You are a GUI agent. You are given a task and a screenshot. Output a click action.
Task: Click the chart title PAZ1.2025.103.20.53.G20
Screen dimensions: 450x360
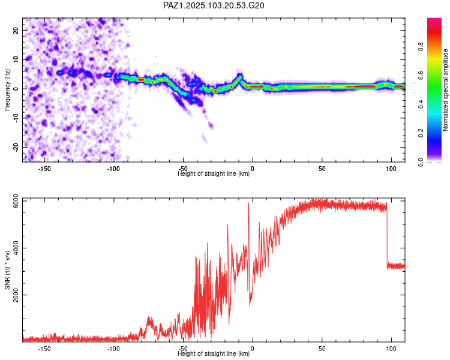point(214,5)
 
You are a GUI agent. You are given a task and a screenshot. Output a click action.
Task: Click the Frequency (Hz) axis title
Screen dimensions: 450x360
point(7,90)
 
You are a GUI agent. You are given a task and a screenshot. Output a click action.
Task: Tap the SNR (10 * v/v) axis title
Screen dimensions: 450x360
point(7,270)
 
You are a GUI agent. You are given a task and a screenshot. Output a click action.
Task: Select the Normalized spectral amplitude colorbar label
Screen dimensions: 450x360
point(445,90)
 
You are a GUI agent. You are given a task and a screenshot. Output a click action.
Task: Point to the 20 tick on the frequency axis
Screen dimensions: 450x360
point(16,31)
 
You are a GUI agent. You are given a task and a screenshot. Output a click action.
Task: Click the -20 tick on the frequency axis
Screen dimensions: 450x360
point(16,147)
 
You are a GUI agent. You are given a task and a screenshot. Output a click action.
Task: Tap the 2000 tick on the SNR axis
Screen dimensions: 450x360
point(16,295)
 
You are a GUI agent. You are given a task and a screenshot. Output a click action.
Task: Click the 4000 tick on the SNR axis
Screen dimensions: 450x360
point(16,248)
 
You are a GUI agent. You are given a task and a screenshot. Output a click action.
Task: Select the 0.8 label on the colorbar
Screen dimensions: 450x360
point(421,47)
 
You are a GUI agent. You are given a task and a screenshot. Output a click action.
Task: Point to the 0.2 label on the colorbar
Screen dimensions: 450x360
point(421,133)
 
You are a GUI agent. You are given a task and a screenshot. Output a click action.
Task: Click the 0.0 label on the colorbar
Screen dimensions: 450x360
point(421,162)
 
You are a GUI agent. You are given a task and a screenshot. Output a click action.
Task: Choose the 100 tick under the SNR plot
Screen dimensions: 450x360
point(391,349)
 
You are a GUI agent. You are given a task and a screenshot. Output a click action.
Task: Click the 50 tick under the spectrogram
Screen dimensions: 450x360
point(322,169)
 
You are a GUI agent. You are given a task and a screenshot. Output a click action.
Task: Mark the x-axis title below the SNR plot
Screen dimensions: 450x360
point(214,353)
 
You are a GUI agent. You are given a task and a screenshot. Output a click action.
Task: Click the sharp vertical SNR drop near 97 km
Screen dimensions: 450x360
point(387,235)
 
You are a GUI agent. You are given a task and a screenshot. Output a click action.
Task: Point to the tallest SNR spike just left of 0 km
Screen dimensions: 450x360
point(248,203)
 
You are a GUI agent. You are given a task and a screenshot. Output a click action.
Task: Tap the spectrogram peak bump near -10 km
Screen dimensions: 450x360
point(239,76)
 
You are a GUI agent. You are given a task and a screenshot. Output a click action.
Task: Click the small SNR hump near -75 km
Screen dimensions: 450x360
point(149,318)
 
